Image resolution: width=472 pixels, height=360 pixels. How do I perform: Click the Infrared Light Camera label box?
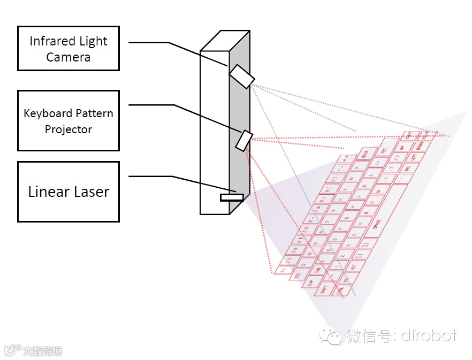coord(68,48)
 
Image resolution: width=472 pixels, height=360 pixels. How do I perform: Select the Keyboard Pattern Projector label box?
coord(68,120)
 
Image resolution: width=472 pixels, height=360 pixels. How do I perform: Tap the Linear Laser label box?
coord(68,192)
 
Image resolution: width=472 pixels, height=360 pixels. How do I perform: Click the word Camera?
coord(68,57)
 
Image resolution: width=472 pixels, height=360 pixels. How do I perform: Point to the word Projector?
coord(68,129)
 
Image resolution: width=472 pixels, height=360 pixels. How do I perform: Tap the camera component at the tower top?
coord(242,76)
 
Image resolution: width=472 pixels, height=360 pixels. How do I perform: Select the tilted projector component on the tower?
coord(244,140)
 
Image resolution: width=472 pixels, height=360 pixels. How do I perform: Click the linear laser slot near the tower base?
coord(231,197)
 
